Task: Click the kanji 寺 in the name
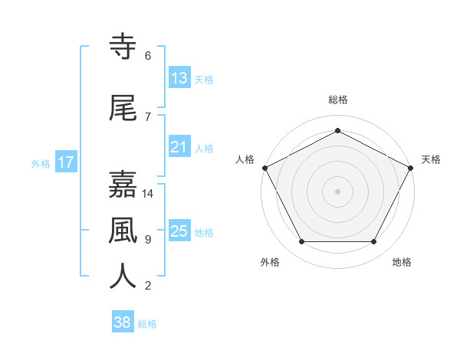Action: point(123,47)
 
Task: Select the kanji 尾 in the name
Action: point(123,109)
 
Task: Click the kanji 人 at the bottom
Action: point(123,277)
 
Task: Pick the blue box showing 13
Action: point(179,79)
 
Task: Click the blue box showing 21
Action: point(179,148)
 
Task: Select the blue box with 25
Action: point(179,232)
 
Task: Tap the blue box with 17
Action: point(66,163)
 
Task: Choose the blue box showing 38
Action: point(123,323)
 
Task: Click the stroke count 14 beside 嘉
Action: point(148,194)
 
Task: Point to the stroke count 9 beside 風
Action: point(148,240)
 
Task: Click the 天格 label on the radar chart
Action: point(432,159)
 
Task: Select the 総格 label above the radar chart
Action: point(338,100)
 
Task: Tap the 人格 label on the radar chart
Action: point(245,159)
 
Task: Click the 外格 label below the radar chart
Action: point(270,262)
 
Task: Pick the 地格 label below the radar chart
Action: point(402,262)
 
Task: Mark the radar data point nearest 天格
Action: point(412,168)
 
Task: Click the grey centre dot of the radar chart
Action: point(338,191)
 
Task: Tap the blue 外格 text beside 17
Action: point(41,164)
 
